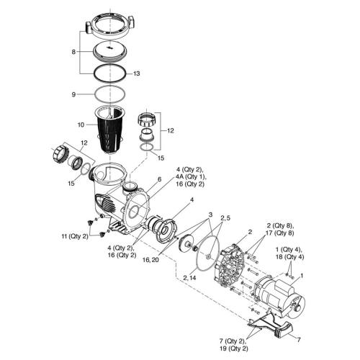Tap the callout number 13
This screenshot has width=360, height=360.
[137, 73]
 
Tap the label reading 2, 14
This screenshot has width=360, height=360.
[192, 277]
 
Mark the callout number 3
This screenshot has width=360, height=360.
[210, 215]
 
